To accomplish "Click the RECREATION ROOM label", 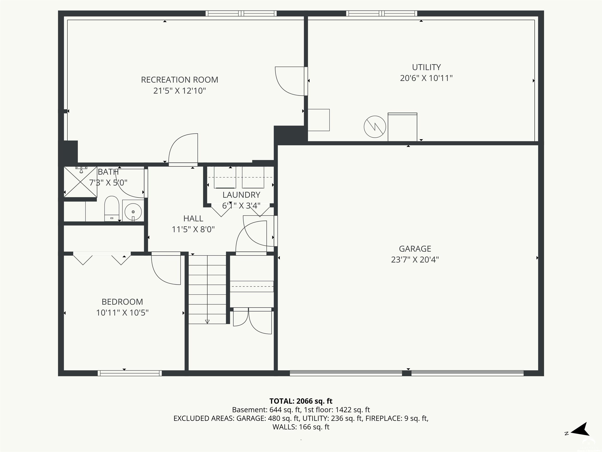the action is tap(180, 80).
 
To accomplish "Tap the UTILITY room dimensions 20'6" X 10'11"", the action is tap(426, 78).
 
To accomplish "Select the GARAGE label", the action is tap(415, 249).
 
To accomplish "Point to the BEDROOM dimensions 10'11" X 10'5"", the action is tap(122, 313).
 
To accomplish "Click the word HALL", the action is tap(193, 219).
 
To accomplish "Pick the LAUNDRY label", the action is tap(241, 195).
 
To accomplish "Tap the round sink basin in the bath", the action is tap(133, 211).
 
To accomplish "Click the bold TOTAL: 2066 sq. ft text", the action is tap(301, 401).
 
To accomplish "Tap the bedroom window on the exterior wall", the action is tap(130, 373).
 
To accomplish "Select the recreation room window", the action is tap(241, 13).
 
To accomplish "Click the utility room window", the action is tap(382, 13).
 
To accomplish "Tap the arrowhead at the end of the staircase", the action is tap(207, 322).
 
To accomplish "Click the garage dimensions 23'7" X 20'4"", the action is tap(415, 260).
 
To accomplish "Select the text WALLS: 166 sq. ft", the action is tap(301, 427).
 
